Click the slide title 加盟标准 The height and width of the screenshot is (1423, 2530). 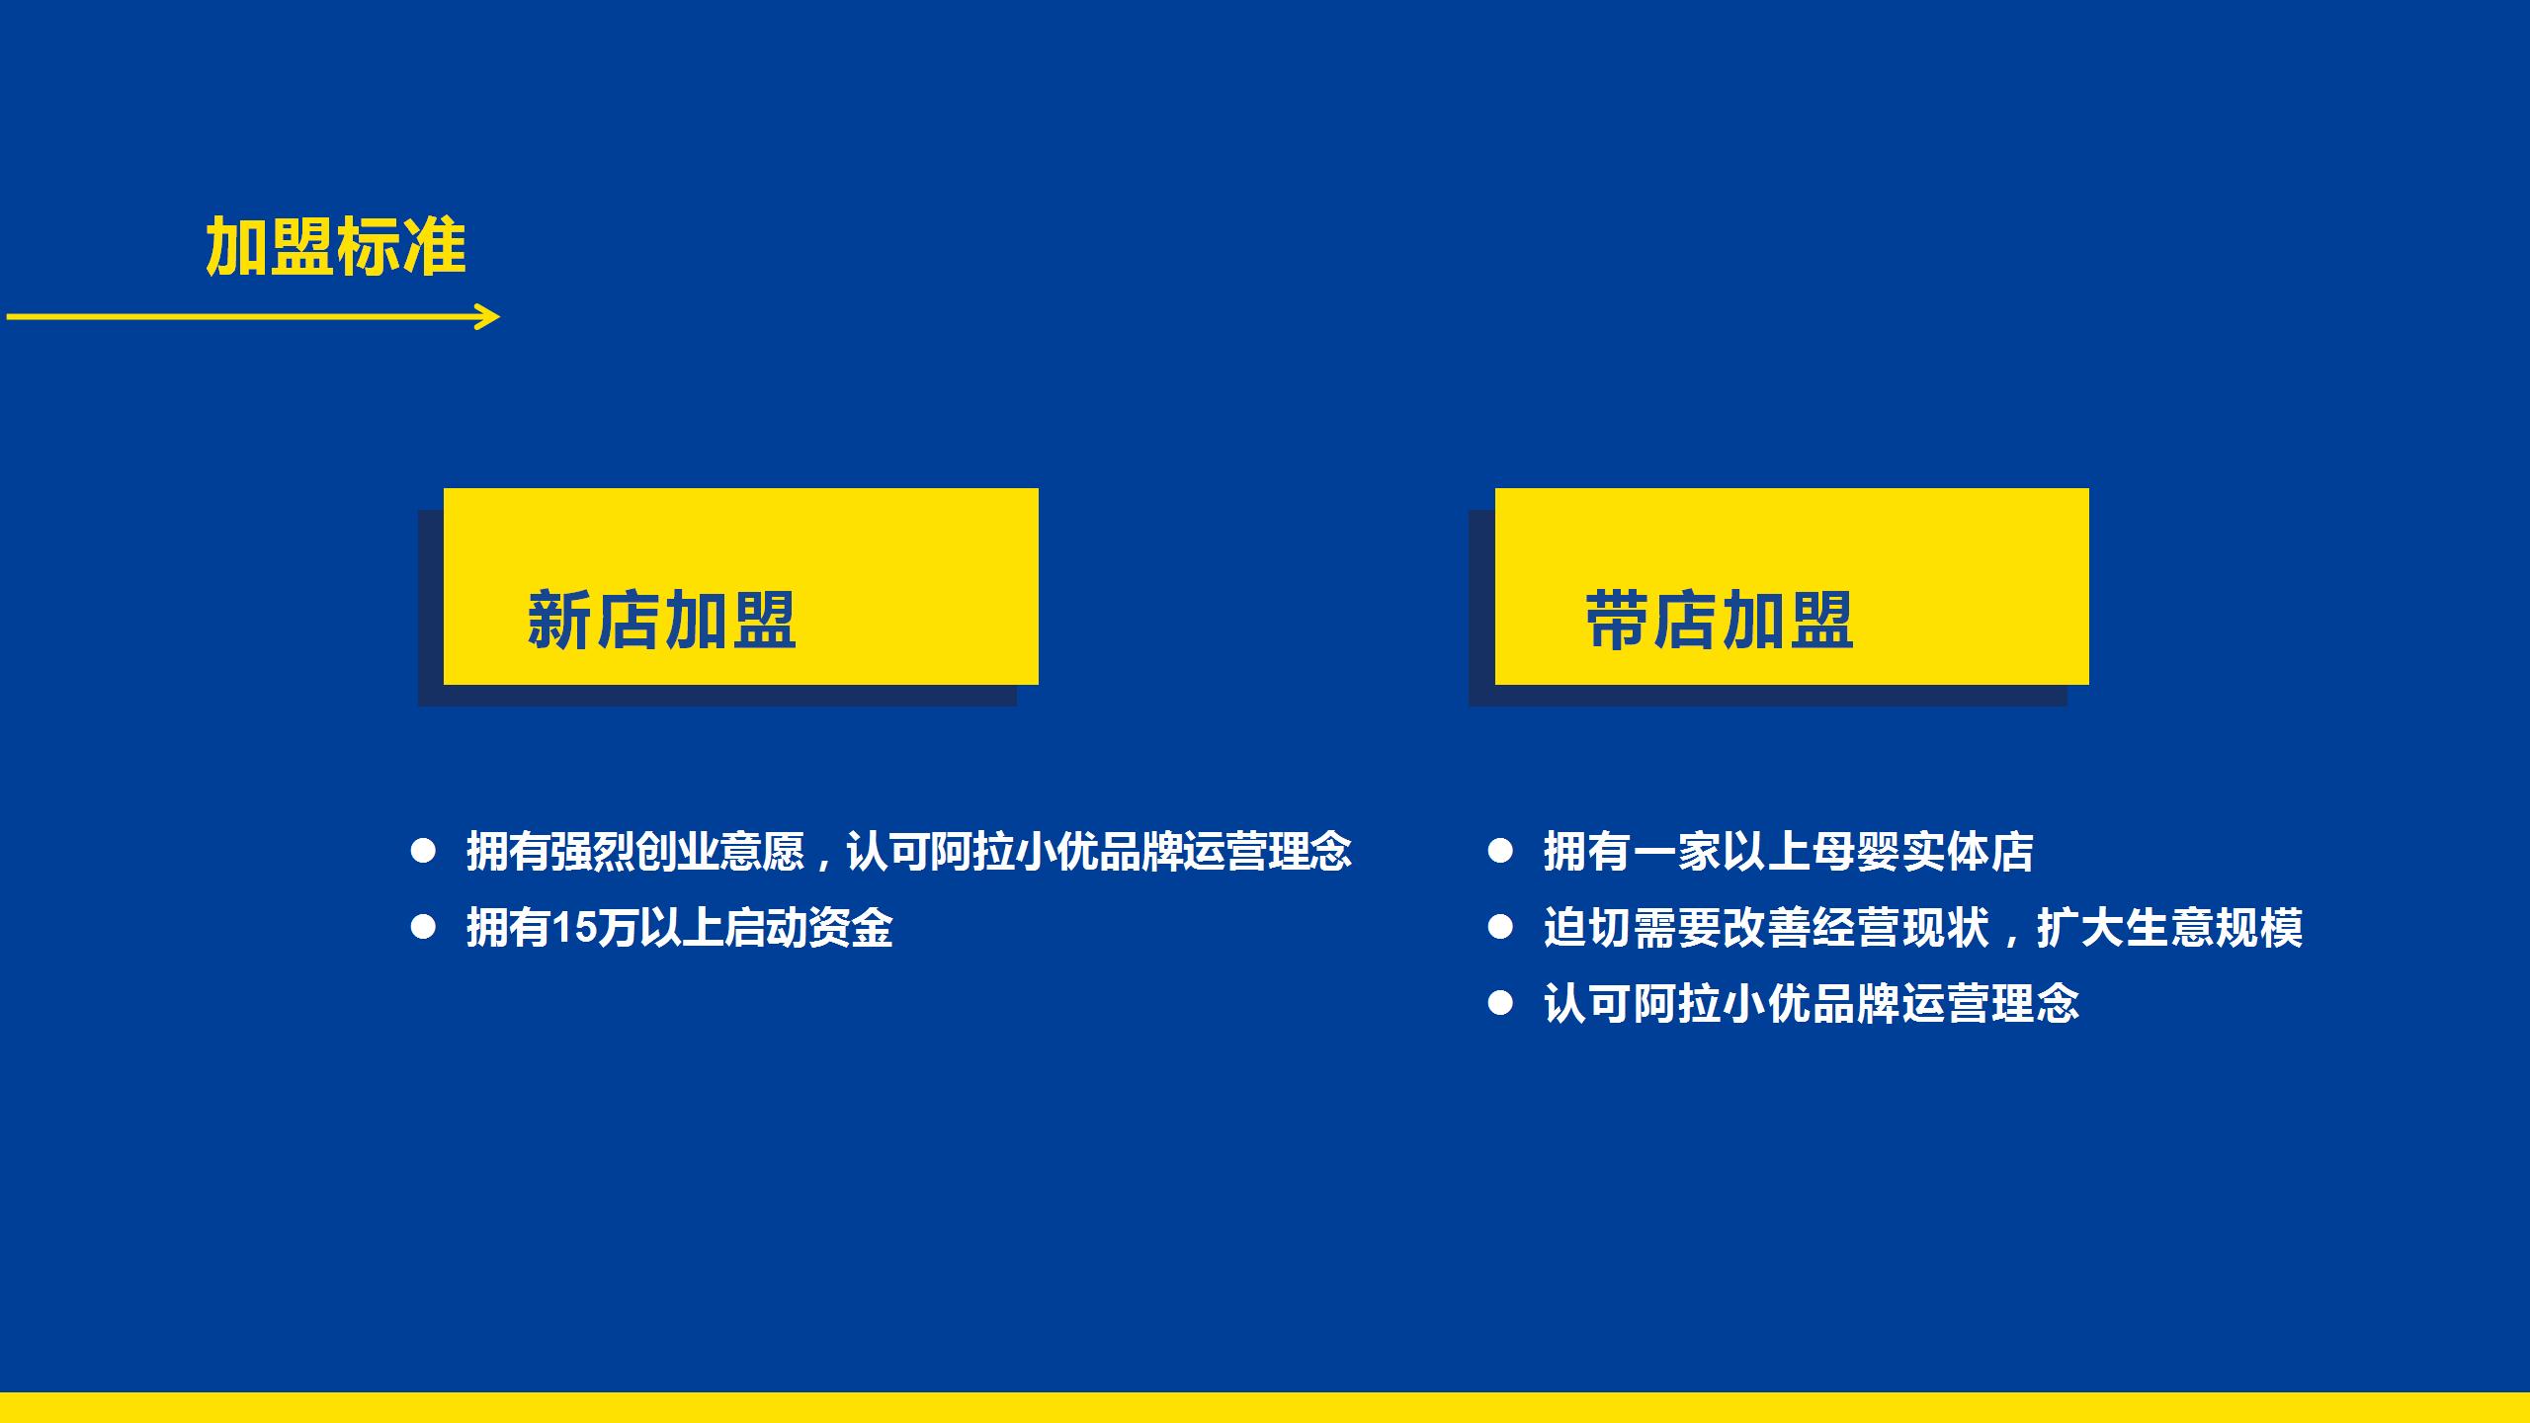pos(336,247)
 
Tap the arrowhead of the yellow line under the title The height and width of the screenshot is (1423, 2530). pos(488,317)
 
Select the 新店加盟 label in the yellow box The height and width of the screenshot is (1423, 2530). pos(661,621)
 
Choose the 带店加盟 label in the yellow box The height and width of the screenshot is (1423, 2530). pos(1720,621)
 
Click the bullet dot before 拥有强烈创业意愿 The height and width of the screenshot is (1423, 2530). pos(423,851)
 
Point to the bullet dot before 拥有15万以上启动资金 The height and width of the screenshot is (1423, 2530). pos(423,927)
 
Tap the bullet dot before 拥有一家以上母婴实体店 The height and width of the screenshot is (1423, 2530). pos(1500,851)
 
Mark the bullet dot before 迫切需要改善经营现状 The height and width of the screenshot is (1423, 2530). pos(1500,927)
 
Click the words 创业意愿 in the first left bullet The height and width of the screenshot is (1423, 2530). pos(720,852)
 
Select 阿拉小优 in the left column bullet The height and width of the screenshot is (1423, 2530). pos(1015,852)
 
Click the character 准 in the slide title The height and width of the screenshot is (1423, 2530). pos(435,247)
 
